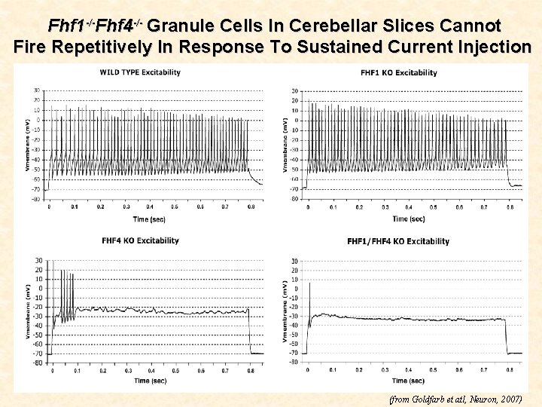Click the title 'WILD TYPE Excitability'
pyautogui.click(x=140, y=72)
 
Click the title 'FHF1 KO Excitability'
pyautogui.click(x=399, y=73)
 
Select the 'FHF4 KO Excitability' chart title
pyautogui.click(x=141, y=240)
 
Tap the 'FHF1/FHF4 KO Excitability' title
pyautogui.click(x=398, y=241)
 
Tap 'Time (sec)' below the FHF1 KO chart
pyautogui.click(x=408, y=219)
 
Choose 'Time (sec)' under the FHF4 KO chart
pyautogui.click(x=151, y=381)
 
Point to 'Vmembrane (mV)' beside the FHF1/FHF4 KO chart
pyautogui.click(x=284, y=311)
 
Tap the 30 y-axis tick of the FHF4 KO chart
pyautogui.click(x=38, y=261)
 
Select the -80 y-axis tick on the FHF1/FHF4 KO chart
pyautogui.click(x=294, y=362)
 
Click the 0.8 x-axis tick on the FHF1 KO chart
pyautogui.click(x=510, y=207)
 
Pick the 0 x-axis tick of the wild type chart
pyautogui.click(x=49, y=207)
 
